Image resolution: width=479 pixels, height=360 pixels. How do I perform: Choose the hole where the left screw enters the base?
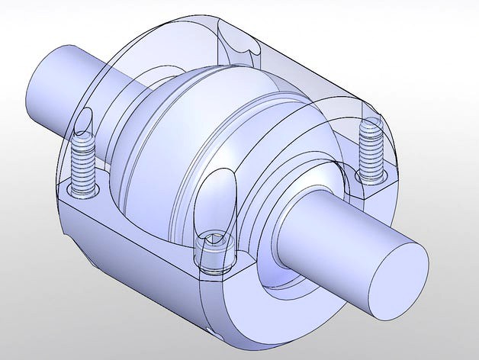point(82,187)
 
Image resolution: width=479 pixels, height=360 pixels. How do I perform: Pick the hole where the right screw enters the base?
point(369,178)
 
